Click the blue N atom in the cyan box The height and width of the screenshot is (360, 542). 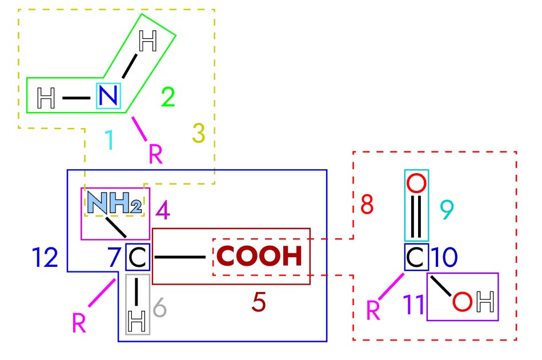(109, 96)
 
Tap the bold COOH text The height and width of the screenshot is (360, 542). (260, 257)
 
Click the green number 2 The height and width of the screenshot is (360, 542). (167, 98)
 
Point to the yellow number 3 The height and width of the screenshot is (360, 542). (198, 133)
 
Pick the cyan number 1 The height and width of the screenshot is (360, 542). (109, 141)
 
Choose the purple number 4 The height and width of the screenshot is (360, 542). (163, 211)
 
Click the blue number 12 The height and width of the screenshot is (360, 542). (45, 258)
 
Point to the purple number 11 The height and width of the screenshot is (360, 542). (415, 305)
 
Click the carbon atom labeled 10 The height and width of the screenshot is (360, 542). (416, 258)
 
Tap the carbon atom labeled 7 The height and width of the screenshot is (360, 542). (138, 258)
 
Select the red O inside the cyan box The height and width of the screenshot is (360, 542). (416, 184)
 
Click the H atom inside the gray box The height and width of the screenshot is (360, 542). (137, 323)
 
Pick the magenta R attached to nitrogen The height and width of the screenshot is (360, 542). (155, 154)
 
